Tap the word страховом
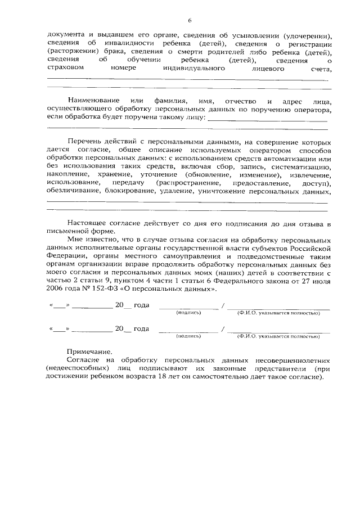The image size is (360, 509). [x=65, y=69]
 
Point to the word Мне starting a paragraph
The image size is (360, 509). [x=74, y=240]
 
